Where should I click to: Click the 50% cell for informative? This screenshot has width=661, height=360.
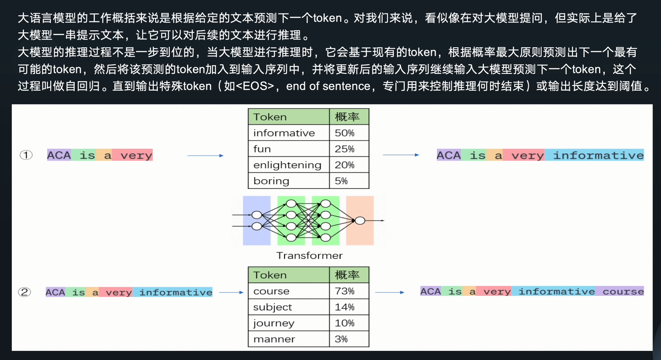[349, 133]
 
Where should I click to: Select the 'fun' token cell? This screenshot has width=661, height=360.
[288, 149]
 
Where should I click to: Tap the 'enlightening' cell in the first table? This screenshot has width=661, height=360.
[288, 165]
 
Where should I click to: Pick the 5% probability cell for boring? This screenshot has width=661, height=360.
[349, 181]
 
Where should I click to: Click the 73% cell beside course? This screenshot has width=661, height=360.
[349, 291]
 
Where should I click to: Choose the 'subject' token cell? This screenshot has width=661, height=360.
[288, 307]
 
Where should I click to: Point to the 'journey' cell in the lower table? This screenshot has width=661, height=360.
[288, 323]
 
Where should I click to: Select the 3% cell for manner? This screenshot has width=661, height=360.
[349, 339]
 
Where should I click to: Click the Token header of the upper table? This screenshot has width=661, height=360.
[288, 117]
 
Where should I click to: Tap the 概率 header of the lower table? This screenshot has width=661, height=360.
[349, 275]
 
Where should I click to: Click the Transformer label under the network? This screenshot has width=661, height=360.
[309, 255]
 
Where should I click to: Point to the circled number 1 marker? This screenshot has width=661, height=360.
[26, 155]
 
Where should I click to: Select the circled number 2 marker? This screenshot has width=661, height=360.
[24, 292]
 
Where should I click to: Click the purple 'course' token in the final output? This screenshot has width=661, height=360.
[622, 292]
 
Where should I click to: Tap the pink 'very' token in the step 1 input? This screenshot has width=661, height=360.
[136, 155]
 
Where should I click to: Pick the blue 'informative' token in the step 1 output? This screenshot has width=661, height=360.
[598, 155]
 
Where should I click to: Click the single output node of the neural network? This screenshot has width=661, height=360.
[360, 221]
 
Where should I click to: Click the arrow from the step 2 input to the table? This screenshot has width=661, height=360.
[231, 292]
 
